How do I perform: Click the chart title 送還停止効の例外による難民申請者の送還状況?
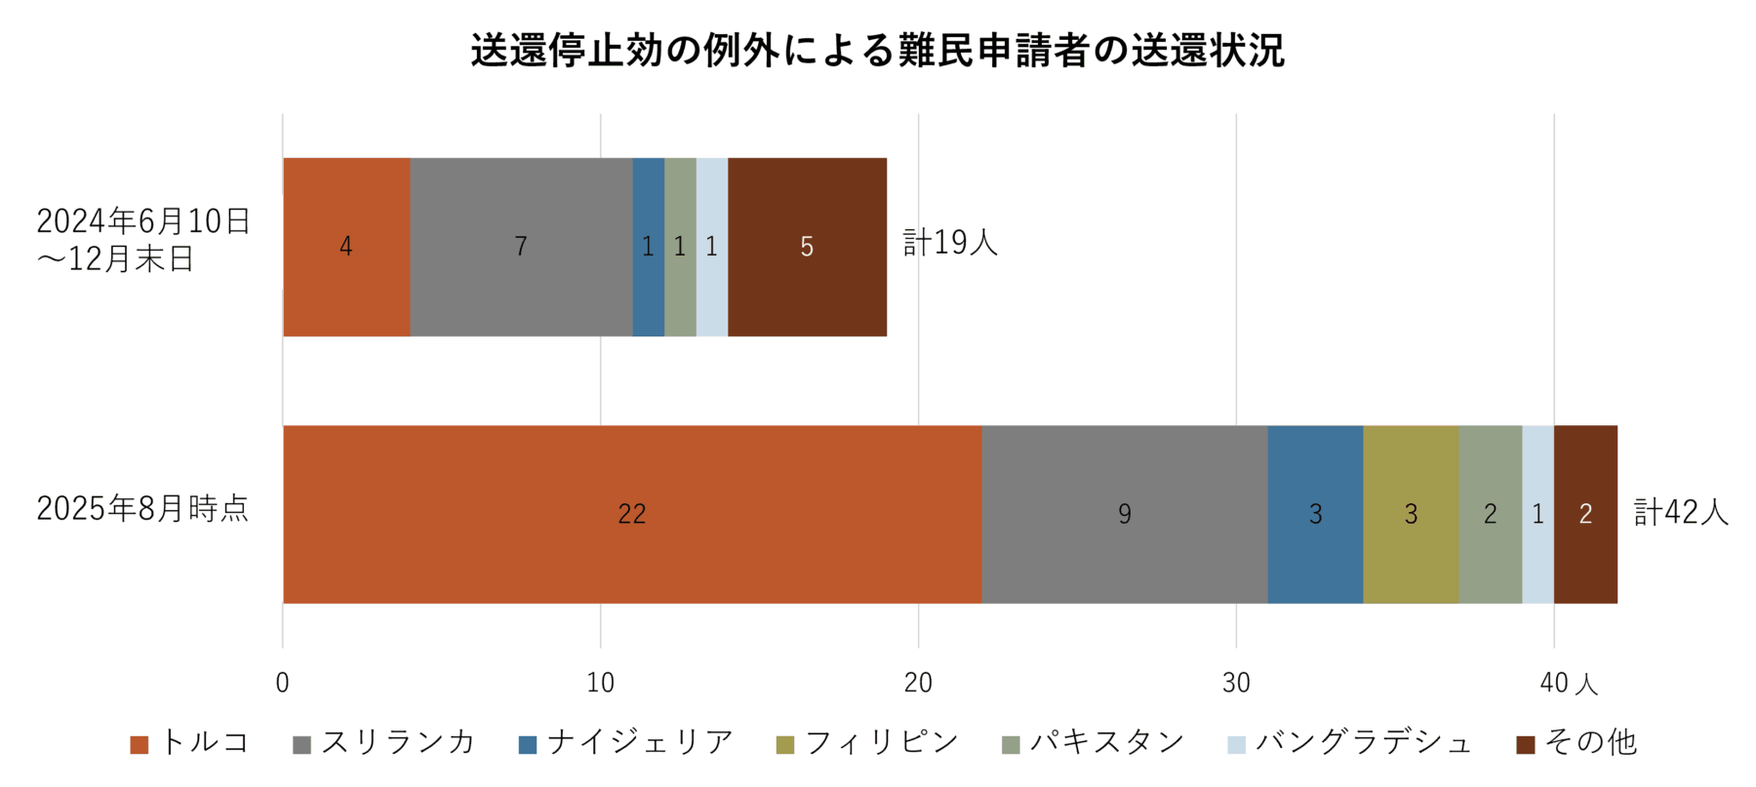877,51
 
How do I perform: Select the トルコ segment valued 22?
632,514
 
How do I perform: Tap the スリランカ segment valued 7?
521,247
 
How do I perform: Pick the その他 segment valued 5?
807,247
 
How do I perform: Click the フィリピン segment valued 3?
1411,514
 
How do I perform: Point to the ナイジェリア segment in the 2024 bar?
648,247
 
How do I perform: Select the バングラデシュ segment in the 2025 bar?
1537,514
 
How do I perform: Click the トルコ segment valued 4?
346,247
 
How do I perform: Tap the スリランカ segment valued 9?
1124,514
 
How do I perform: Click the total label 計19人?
950,243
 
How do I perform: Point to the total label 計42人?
1681,512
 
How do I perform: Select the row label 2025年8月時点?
142,508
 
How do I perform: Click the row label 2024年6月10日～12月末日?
142,240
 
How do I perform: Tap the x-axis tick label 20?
918,684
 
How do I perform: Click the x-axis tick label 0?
283,684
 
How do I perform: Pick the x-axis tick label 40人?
1568,684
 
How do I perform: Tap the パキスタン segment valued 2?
1490,514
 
